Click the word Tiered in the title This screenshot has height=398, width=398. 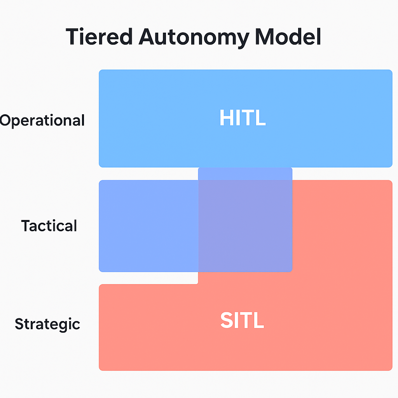[x=99, y=37]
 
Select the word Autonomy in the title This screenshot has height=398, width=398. [x=194, y=38]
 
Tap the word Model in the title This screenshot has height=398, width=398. [x=288, y=37]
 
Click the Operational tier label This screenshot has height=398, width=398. [x=42, y=120]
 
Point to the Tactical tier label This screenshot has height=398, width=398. [x=49, y=226]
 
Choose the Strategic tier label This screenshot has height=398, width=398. [x=47, y=324]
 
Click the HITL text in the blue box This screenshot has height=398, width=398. [x=243, y=117]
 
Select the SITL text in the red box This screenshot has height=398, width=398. [x=242, y=320]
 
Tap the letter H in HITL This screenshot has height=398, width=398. [x=227, y=117]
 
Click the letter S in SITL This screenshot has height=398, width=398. [x=227, y=320]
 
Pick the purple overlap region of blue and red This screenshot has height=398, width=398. [x=245, y=226]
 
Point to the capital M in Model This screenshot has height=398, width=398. [x=265, y=37]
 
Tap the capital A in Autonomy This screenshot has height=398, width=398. [x=148, y=37]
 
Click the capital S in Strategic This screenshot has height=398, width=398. [x=19, y=324]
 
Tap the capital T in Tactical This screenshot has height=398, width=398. [x=26, y=226]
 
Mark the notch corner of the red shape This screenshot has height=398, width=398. [x=198, y=284]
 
